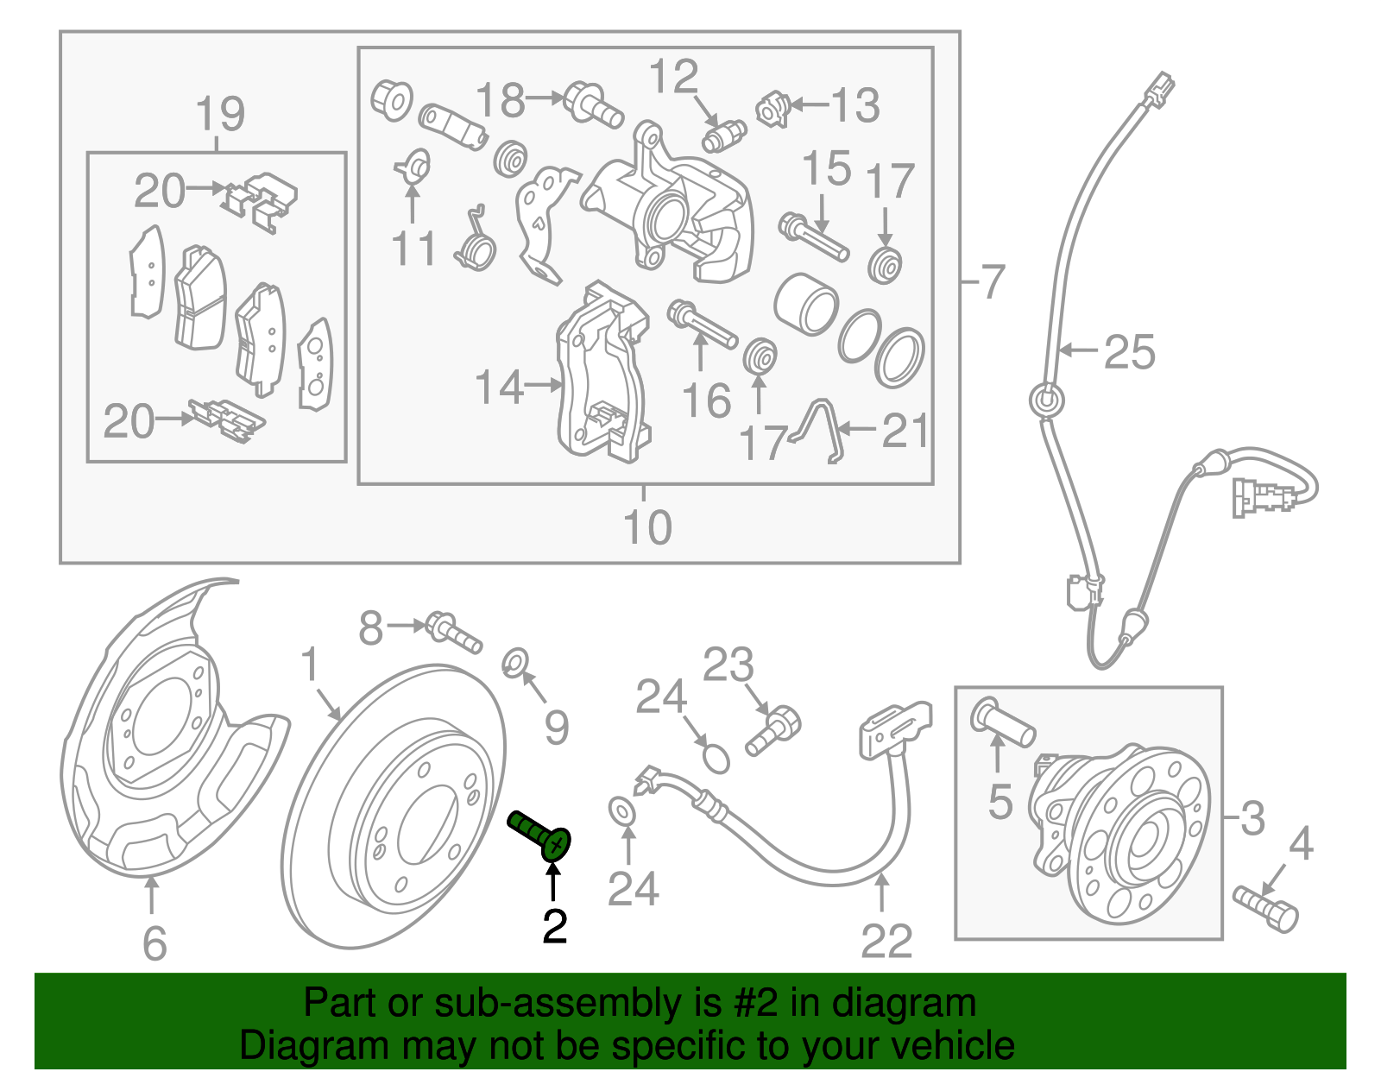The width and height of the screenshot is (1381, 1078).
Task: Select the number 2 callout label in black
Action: tap(554, 926)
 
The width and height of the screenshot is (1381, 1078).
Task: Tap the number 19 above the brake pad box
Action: tap(220, 114)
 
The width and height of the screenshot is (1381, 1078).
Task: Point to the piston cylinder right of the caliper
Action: tap(805, 305)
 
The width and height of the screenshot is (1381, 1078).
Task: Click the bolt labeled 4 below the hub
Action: tap(1267, 908)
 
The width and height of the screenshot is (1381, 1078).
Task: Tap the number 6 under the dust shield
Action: tap(154, 942)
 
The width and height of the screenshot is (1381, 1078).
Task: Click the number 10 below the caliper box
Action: tap(646, 526)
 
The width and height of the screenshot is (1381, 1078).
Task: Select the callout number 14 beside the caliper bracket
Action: tap(499, 387)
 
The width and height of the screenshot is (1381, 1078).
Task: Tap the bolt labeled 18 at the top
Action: tap(594, 104)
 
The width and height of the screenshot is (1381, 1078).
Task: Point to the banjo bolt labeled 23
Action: tap(774, 730)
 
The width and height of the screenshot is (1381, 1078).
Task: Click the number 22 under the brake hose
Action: tap(886, 941)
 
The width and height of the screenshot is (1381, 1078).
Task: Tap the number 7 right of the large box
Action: tap(993, 281)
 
